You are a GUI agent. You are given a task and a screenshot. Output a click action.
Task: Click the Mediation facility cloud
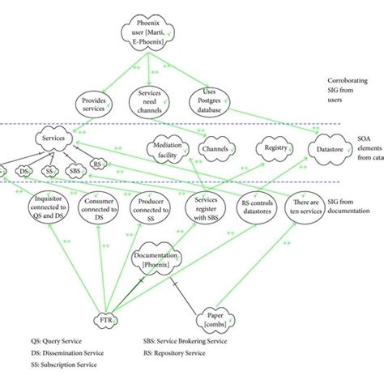pos(164,149)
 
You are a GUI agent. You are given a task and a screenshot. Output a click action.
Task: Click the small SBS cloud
pos(75,171)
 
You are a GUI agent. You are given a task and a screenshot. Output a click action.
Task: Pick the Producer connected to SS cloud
pos(152,208)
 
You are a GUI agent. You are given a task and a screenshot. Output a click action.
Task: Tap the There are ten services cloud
pos(314,208)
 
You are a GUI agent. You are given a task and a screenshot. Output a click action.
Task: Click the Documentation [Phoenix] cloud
pos(157,259)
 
